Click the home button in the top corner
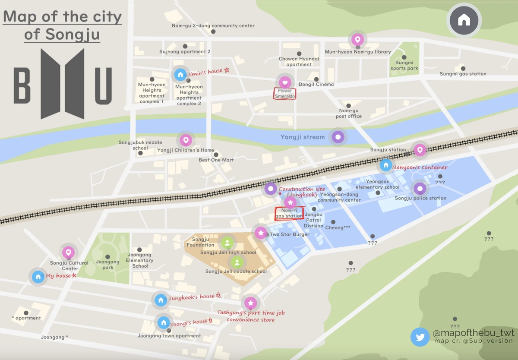click(464, 20)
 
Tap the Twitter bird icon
click(420, 337)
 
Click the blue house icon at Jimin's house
click(180, 75)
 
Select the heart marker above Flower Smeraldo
click(284, 82)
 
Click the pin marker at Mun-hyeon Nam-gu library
click(357, 40)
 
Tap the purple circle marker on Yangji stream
click(338, 137)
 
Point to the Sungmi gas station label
click(463, 74)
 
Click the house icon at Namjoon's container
click(385, 165)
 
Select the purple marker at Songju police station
click(420, 188)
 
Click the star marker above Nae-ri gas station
click(290, 202)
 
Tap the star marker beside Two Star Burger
click(260, 233)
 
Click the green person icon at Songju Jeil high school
click(227, 243)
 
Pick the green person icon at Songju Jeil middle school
click(237, 262)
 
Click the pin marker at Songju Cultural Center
click(68, 253)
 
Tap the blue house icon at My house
click(38, 276)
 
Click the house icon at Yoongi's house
click(163, 322)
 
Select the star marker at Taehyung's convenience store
click(250, 303)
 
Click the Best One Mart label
click(216, 160)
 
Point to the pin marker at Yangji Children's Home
click(186, 140)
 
